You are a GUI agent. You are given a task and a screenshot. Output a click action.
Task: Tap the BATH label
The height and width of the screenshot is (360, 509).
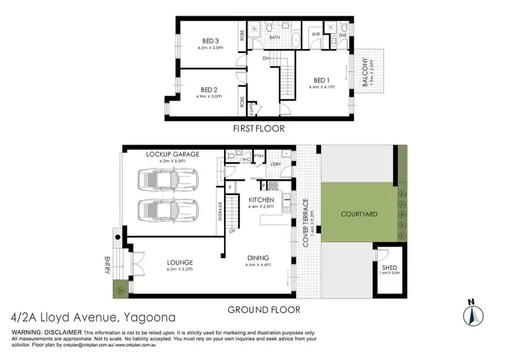275,38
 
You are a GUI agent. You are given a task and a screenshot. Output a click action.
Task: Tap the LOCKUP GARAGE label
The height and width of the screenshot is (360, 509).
172,155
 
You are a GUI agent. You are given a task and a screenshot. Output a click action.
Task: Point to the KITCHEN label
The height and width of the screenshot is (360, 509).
261,200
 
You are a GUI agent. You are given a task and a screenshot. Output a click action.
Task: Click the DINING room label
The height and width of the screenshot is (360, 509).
259,258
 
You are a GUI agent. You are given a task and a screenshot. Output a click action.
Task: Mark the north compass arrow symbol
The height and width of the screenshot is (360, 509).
473,313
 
